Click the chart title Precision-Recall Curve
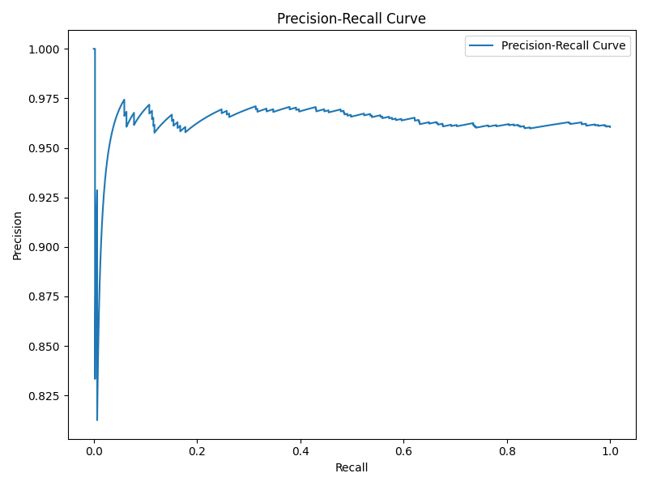[351, 19]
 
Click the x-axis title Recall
[351, 467]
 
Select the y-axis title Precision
[18, 236]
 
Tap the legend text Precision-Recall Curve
[564, 46]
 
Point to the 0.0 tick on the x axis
[94, 451]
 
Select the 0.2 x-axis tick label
[197, 451]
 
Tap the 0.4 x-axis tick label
[301, 451]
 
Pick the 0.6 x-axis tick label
[403, 451]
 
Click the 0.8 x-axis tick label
[507, 451]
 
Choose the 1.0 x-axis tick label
[610, 451]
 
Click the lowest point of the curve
[97, 420]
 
